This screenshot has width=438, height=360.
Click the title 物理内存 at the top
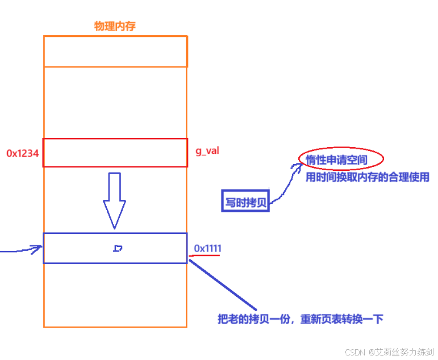coord(115,26)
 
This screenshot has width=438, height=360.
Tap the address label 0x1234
coord(22,153)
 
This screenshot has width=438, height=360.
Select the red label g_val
coord(207,151)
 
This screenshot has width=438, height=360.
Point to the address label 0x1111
coord(208,248)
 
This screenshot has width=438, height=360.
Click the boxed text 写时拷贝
coord(245,202)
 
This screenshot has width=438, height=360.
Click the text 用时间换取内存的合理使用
coord(367,177)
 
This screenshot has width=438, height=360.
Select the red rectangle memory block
coord(115,153)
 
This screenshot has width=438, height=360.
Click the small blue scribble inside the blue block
coord(118,248)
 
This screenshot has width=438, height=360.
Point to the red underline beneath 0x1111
coord(205,256)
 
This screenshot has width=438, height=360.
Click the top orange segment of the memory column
coord(115,51)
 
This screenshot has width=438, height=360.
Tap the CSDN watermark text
coord(355,352)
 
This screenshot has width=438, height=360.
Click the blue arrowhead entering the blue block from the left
coord(36,248)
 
